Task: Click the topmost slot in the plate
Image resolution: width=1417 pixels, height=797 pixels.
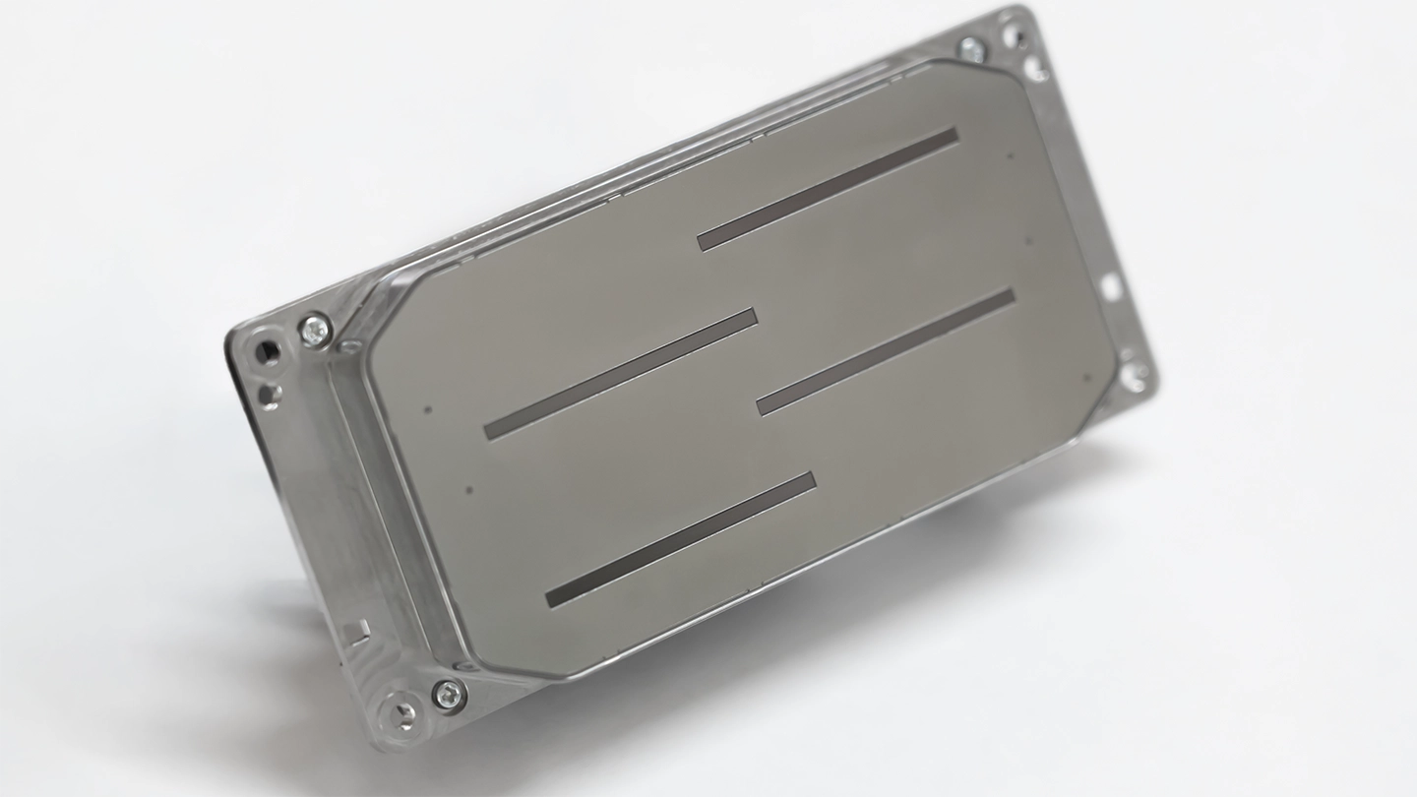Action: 828,189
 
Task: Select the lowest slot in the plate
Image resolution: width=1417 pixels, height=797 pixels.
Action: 680,540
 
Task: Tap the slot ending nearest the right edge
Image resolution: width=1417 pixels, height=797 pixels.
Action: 886,350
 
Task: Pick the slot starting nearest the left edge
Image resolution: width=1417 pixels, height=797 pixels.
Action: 621,373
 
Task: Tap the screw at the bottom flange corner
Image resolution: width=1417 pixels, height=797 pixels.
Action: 449,695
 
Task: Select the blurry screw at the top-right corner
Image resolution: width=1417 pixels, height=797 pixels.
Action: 969,48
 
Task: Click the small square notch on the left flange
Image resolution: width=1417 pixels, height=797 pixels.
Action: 361,628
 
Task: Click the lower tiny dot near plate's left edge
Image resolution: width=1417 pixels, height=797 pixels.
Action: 468,489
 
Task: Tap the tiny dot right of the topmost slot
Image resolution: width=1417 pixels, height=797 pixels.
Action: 1011,154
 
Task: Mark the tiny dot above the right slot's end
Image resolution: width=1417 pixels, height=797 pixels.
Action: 1028,240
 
